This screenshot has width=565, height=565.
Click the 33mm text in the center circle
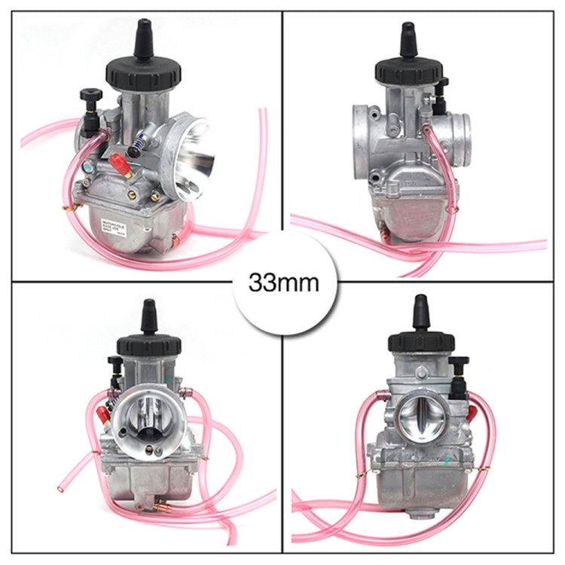pos(283,283)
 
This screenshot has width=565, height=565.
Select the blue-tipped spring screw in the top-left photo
pos(139,141)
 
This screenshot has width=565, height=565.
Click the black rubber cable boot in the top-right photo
pos(407,41)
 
